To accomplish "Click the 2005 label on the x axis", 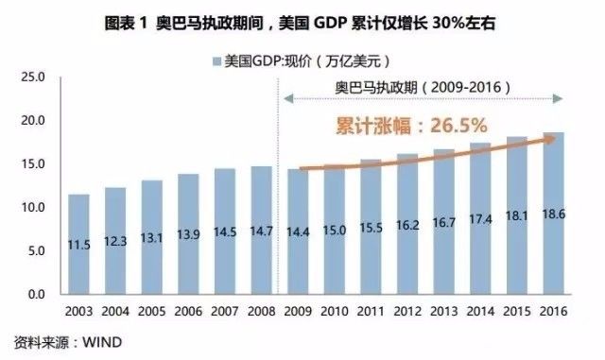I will pyautogui.click(x=151, y=311).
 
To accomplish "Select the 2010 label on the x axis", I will pyautogui.click(x=335, y=311).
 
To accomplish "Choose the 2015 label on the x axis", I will pyautogui.click(x=517, y=311).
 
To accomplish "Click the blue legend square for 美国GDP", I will pyautogui.click(x=216, y=62).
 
